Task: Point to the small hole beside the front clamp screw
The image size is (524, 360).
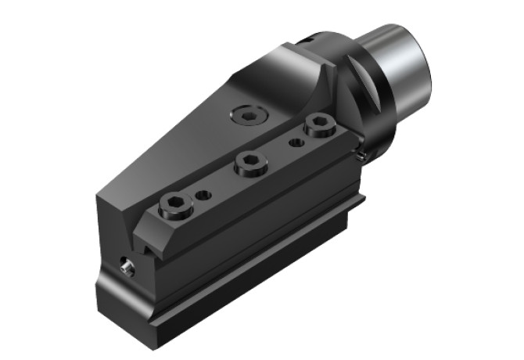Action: click(203, 193)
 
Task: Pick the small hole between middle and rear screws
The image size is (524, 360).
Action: click(296, 142)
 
